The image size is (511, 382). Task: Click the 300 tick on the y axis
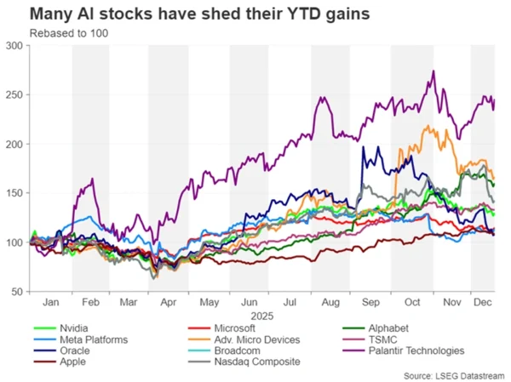pos(14,45)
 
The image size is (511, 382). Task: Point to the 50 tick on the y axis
pos(17,292)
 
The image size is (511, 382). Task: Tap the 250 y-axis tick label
pos(14,94)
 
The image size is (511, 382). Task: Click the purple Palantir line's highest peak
pos(434,71)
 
